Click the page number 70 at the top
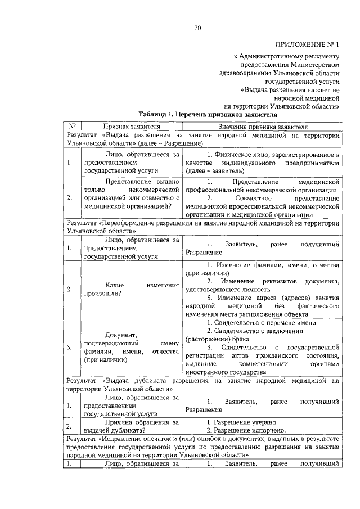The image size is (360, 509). [197, 28]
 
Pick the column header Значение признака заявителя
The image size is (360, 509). [262, 127]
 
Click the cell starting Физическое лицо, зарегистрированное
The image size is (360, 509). [262, 163]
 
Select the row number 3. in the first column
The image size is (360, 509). [69, 348]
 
